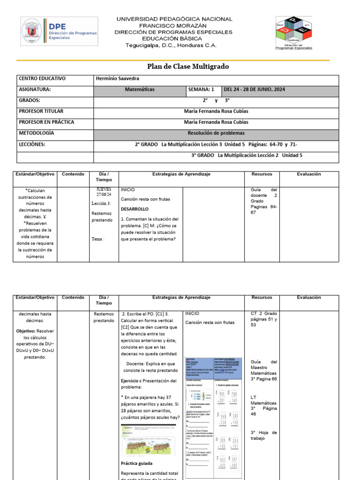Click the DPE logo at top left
tap(60, 32)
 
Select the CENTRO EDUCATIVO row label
tap(42, 79)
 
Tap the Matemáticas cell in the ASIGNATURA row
tap(140, 90)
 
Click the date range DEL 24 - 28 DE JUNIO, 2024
tap(255, 90)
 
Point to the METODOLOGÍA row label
tap(36, 133)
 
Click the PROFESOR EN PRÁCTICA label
tap(46, 122)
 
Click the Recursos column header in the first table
tap(262, 174)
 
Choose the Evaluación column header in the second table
tap(309, 298)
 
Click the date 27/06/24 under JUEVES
tap(104, 195)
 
